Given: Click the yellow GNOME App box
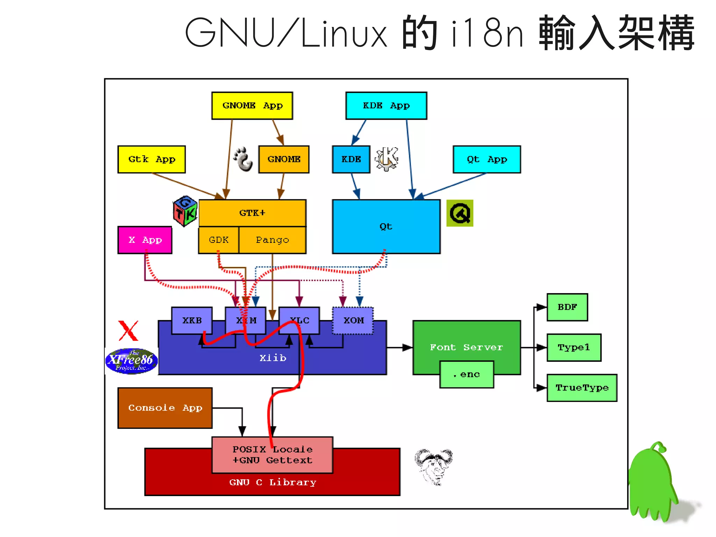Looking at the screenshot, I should click(x=252, y=106).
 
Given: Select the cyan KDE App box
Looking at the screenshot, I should click(x=386, y=106).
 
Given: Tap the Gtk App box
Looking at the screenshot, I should click(x=151, y=160).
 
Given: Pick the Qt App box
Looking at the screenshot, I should click(x=487, y=160).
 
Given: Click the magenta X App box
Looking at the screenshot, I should click(x=145, y=240).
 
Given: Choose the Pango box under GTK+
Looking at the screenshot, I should click(x=272, y=240).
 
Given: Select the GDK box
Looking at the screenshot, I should click(x=219, y=240).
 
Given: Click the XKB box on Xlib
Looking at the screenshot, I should click(x=192, y=320).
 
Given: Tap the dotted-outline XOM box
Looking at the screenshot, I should click(x=353, y=320).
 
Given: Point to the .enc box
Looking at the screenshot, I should click(x=467, y=375).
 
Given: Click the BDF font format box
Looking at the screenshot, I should click(x=567, y=307).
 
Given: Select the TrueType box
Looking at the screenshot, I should click(x=582, y=388).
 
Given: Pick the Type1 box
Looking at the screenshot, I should click(x=574, y=347).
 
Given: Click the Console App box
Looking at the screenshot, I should click(x=165, y=408).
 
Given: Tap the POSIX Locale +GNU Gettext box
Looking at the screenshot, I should click(x=272, y=455).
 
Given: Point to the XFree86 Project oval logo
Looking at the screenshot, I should click(x=131, y=361).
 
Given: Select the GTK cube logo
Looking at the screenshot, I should click(x=185, y=211).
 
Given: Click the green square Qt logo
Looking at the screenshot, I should click(x=460, y=213).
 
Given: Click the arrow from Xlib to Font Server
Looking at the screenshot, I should click(x=399, y=347).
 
